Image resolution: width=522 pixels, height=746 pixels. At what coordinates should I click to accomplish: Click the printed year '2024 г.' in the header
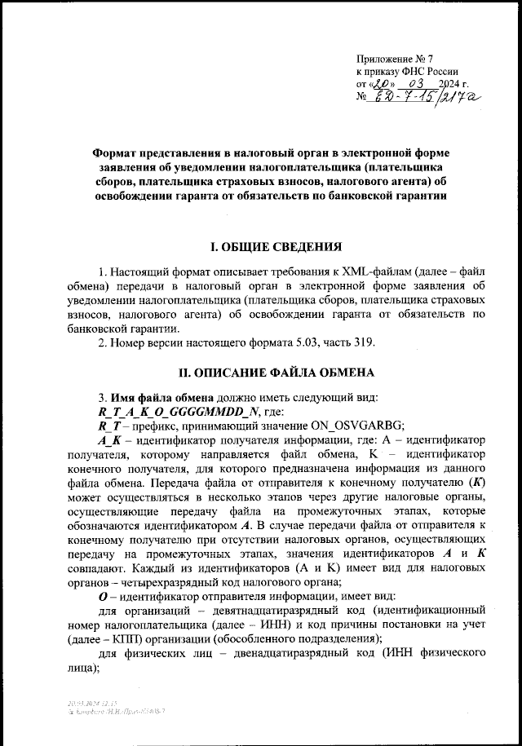tap(453, 84)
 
